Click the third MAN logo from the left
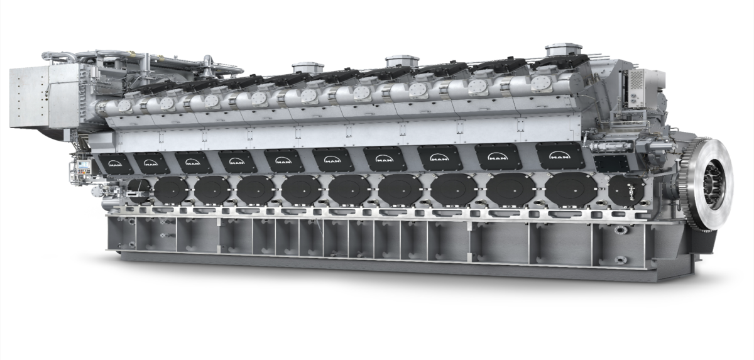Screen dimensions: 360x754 (x=191, y=161)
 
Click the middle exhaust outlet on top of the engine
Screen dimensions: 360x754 (x=402, y=61)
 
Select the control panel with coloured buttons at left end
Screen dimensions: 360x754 (x=82, y=168)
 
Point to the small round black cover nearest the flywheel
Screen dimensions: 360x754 (x=627, y=189)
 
